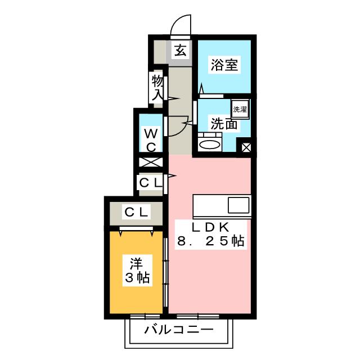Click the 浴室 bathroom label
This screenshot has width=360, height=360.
[x=224, y=65]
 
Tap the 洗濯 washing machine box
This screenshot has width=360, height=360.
[x=240, y=108]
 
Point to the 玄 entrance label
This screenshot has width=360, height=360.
[x=179, y=51]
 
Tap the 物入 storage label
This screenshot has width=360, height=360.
[x=157, y=88]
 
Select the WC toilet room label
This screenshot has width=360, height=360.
[x=151, y=139]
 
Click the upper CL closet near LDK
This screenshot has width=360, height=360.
[x=151, y=182]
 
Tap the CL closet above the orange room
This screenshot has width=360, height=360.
[x=136, y=213]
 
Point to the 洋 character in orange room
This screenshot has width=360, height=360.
[x=137, y=262]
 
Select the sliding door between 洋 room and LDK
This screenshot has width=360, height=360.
[x=165, y=270]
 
